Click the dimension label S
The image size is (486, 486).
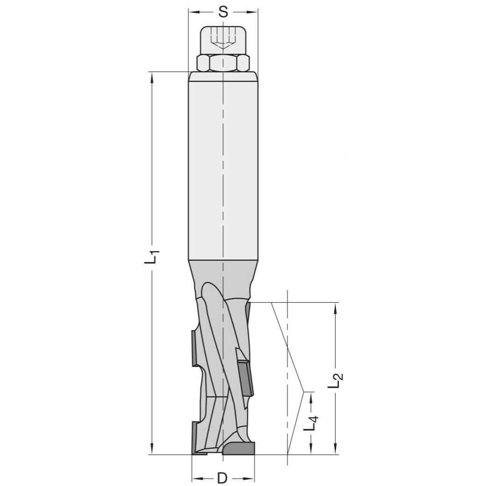point(223,12)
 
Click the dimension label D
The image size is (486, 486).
point(222,478)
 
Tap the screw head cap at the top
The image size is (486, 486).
point(223,40)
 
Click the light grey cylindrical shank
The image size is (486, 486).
point(223,164)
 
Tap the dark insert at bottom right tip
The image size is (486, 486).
point(239,449)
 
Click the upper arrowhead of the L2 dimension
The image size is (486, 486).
point(336,308)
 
